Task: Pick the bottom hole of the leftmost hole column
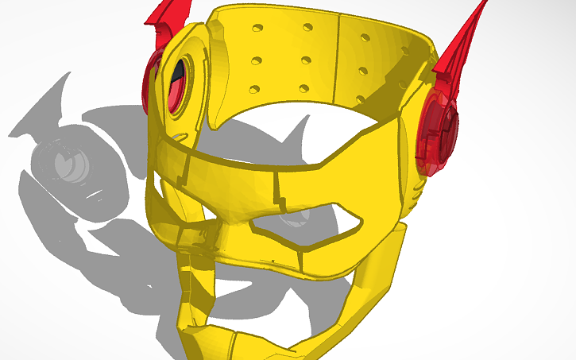255,89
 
